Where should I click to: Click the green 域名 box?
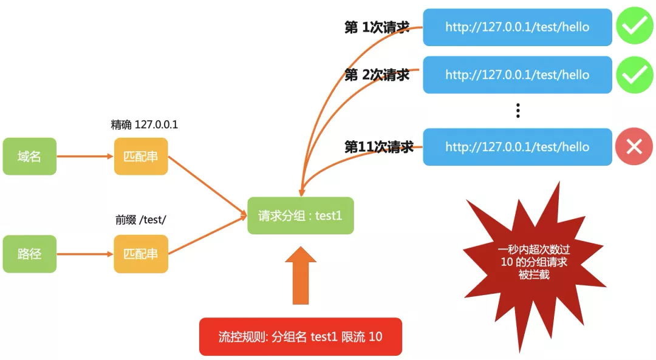(29, 157)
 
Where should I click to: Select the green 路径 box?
(29, 254)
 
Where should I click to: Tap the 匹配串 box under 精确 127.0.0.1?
(141, 157)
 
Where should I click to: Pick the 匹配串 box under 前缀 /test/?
(141, 254)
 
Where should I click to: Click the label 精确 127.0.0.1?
(144, 124)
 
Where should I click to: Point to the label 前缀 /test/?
(141, 220)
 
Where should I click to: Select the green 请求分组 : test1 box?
(300, 216)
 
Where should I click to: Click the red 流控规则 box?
(300, 336)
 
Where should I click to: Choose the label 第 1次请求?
(377, 27)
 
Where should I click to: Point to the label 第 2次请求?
(377, 75)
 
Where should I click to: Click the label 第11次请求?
(379, 147)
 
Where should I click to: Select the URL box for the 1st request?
(517, 27)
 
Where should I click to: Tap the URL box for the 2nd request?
(517, 75)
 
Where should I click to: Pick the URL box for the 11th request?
(517, 147)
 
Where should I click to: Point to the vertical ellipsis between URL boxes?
(518, 110)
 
